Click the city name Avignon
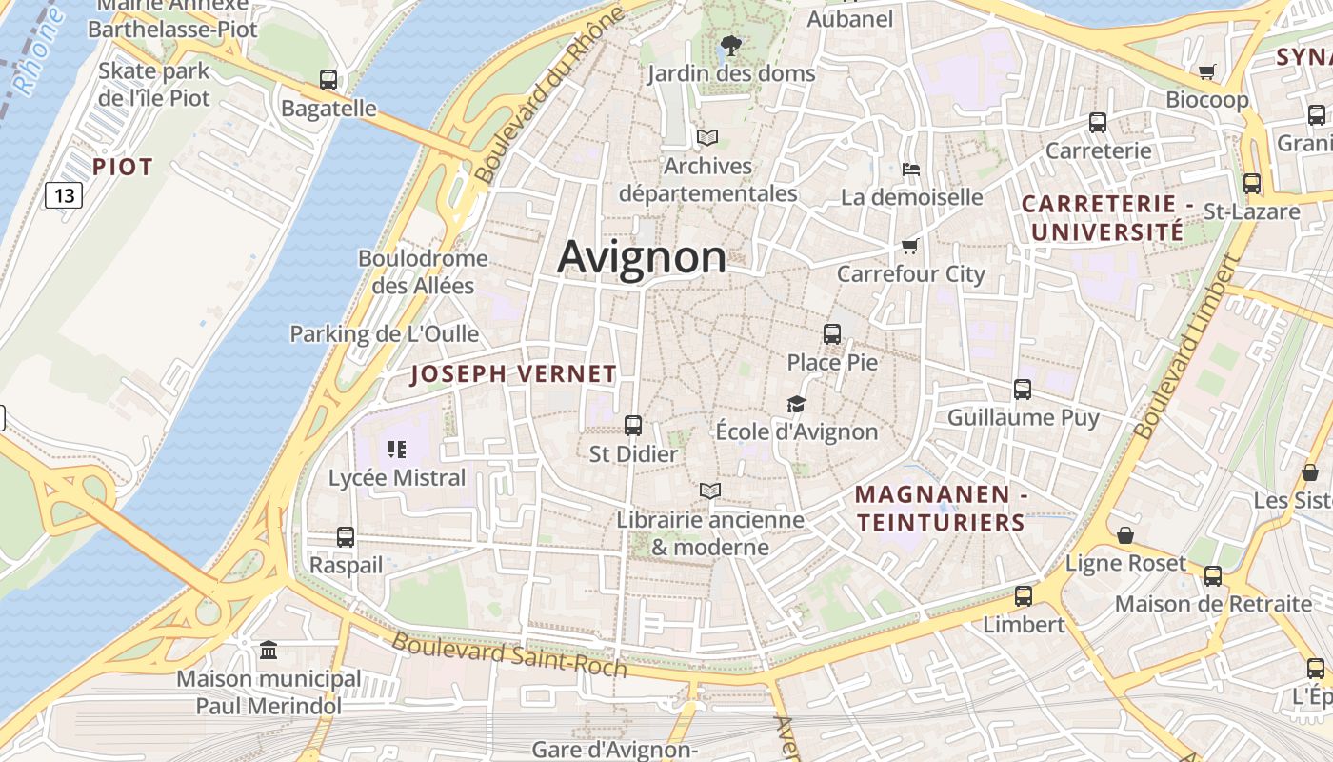click(x=642, y=257)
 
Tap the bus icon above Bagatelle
click(x=328, y=80)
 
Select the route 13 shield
click(x=64, y=196)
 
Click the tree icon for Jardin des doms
click(x=730, y=45)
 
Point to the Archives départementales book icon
click(x=706, y=138)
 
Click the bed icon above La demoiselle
click(x=911, y=170)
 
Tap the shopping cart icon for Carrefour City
click(x=910, y=247)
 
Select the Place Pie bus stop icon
click(x=832, y=334)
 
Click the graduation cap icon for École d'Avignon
click(x=796, y=405)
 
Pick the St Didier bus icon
click(x=633, y=426)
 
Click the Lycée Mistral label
click(x=397, y=478)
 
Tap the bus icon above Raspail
click(x=346, y=537)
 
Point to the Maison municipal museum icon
click(x=269, y=651)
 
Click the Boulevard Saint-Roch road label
click(x=509, y=654)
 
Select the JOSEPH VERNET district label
click(x=513, y=374)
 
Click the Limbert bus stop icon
click(x=1024, y=596)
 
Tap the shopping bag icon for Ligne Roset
click(x=1125, y=535)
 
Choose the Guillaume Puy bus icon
click(x=1023, y=390)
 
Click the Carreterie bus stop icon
click(x=1098, y=123)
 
